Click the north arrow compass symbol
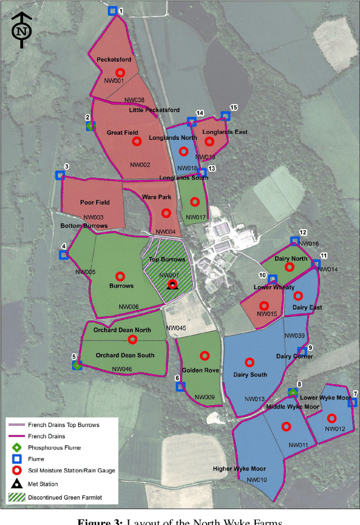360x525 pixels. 21,30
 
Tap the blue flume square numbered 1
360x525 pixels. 112,11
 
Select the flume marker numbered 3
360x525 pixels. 59,175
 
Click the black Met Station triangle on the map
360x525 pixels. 173,285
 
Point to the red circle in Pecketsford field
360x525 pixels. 119,73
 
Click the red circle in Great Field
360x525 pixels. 136,141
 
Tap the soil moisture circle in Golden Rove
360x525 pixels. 204,356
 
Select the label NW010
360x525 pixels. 256,480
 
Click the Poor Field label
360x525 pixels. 94,203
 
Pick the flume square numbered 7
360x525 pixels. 353,402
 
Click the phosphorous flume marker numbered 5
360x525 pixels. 77,365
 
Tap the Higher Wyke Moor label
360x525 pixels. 239,468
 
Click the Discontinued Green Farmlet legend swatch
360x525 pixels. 17,497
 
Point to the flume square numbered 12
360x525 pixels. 294,241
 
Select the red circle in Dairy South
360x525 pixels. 246,362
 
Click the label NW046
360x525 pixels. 122,370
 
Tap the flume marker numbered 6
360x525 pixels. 180,387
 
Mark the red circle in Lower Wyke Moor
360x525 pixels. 331,418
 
